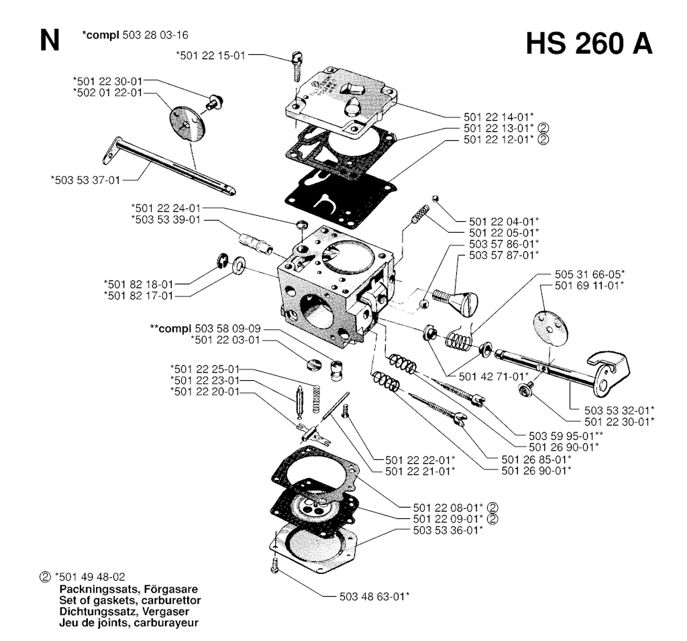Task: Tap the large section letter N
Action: coord(49,42)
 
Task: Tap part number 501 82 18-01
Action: coord(139,283)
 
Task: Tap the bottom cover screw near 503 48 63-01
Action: coord(274,565)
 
